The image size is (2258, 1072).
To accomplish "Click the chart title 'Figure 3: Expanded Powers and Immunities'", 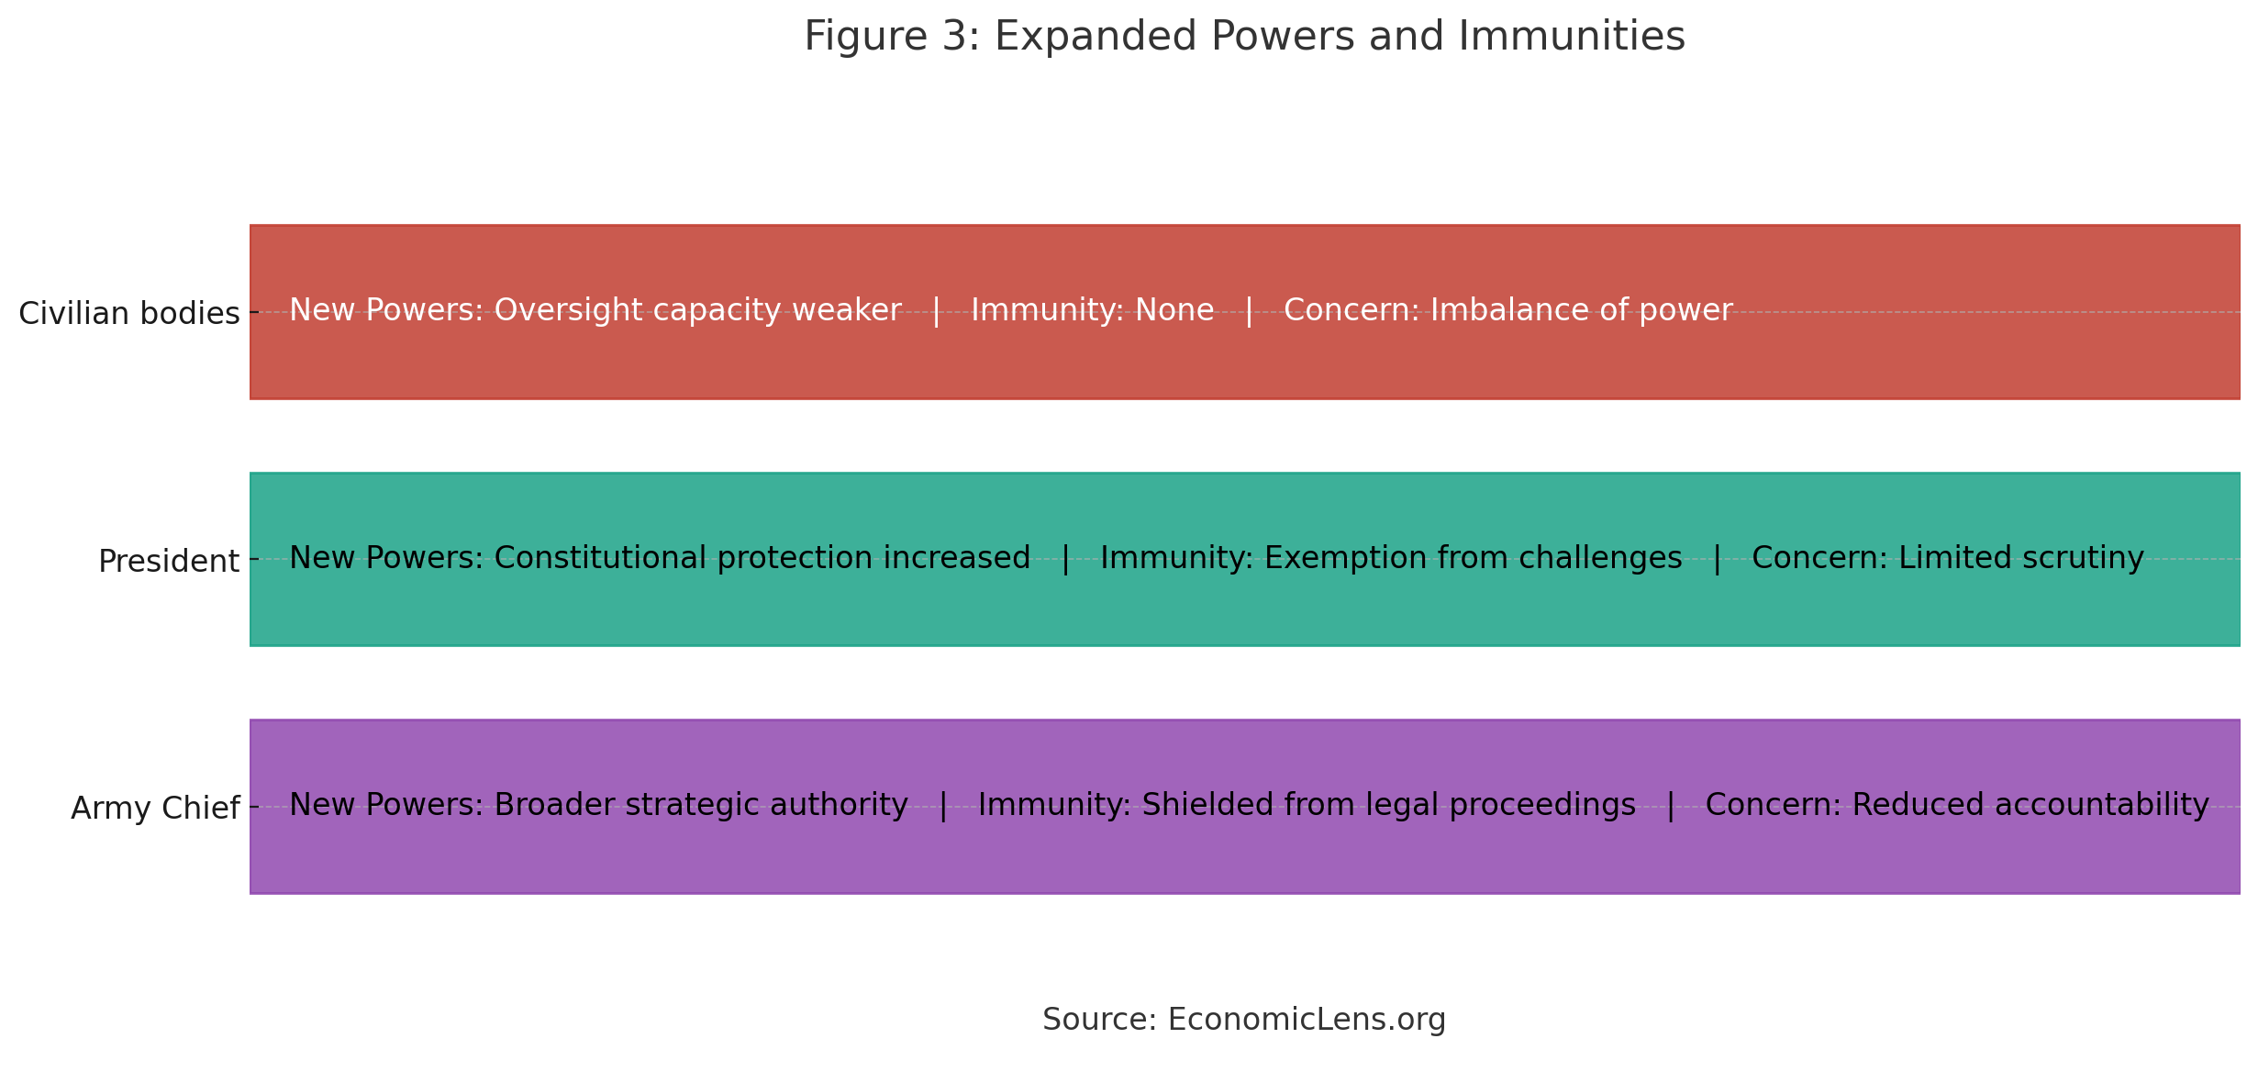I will [x=1244, y=37].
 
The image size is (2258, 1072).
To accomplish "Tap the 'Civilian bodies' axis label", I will [x=128, y=314].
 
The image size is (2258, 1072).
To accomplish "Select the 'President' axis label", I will [x=168, y=561].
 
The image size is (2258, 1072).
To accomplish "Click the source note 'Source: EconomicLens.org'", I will [x=1243, y=1020].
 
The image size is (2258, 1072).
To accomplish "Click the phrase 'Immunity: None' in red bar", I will [x=1092, y=310].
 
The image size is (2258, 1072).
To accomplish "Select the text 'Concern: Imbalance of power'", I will [x=1507, y=310].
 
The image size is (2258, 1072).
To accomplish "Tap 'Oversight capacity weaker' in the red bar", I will [x=697, y=310].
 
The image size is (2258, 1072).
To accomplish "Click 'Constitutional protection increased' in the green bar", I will [x=762, y=558].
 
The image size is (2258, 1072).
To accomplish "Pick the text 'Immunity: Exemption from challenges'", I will [x=1391, y=558].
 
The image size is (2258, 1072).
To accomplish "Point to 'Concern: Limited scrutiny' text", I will [x=1947, y=558].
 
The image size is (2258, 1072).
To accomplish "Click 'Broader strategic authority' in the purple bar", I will [x=700, y=805].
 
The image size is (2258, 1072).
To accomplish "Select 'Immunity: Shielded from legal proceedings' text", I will [x=1307, y=805].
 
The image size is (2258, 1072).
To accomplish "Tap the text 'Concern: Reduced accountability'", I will [x=1956, y=805].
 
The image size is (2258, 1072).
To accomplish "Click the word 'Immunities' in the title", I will [x=1571, y=37].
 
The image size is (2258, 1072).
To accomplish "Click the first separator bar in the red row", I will [x=936, y=311].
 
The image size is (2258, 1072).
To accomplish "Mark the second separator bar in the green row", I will [x=1717, y=559].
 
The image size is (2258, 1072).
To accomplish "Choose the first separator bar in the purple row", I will [x=943, y=806].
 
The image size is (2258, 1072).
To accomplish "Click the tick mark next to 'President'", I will [x=254, y=560].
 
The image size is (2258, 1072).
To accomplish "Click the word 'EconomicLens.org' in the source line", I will [x=1307, y=1020].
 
